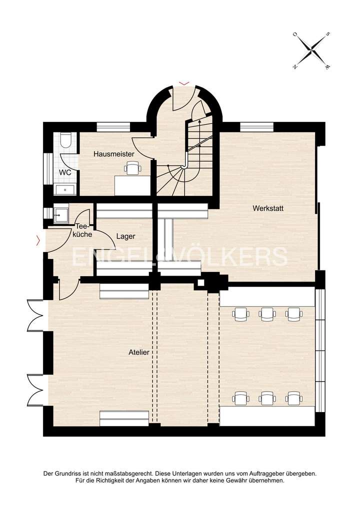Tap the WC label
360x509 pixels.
click(65, 172)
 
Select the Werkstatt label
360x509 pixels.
click(268, 208)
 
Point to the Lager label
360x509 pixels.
click(125, 236)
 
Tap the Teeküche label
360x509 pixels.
click(80, 229)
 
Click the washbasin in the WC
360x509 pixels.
click(65, 189)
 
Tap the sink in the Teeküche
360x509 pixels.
click(61, 214)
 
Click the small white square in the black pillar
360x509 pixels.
click(201, 283)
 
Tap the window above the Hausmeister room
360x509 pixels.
click(109, 127)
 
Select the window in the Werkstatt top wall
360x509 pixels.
click(257, 127)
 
